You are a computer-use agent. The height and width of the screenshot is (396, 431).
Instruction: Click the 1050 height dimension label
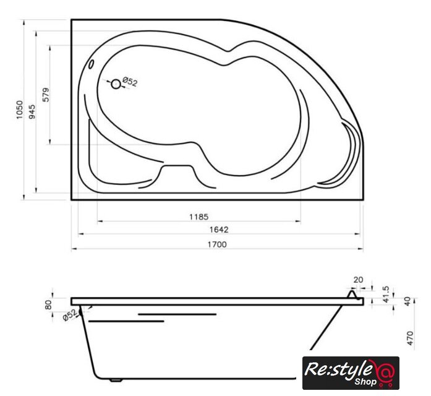pyautogui.click(x=20, y=110)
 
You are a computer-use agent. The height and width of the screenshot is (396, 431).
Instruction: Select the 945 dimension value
pyautogui.click(x=32, y=111)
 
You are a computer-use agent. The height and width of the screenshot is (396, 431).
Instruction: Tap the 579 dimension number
pyautogui.click(x=46, y=95)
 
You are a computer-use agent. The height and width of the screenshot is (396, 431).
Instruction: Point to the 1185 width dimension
pyautogui.click(x=198, y=217)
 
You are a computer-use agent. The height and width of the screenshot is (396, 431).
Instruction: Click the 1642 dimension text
pyautogui.click(x=219, y=230)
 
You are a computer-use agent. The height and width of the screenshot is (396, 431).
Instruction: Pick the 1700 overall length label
pyautogui.click(x=217, y=244)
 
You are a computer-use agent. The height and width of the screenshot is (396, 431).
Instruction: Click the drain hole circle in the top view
pyautogui.click(x=116, y=84)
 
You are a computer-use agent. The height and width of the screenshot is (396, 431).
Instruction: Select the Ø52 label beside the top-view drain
pyautogui.click(x=130, y=82)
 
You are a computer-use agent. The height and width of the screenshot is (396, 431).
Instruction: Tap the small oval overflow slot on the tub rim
pyautogui.click(x=91, y=64)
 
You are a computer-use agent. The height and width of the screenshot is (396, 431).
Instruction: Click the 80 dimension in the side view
pyautogui.click(x=48, y=304)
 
